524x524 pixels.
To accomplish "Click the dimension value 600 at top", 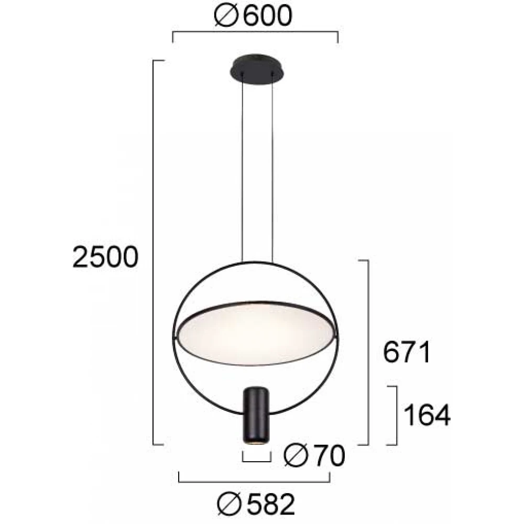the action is point(268,16).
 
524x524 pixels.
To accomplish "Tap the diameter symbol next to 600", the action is point(226,16).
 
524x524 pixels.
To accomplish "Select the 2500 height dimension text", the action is point(105,257).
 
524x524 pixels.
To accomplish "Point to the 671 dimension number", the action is point(407,352).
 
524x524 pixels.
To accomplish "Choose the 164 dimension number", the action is point(427,415).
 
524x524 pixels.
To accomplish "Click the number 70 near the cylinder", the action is point(330,456).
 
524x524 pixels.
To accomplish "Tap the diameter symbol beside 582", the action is point(230,504).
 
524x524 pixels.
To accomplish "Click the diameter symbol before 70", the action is point(296,455).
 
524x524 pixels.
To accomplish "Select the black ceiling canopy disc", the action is point(257,70).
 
